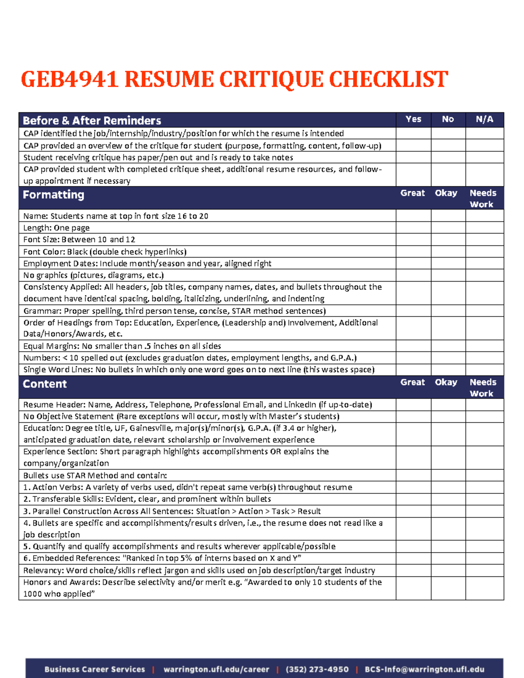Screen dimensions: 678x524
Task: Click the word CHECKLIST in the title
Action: (388, 80)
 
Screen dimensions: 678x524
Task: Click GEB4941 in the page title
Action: (69, 80)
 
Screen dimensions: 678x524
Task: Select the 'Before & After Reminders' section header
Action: (92, 120)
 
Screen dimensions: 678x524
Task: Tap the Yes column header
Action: (413, 119)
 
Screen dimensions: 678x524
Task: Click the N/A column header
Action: (484, 119)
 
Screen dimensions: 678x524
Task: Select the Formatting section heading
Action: (53, 195)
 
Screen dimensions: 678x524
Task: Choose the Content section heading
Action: (45, 384)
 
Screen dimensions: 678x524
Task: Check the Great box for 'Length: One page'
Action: (413, 227)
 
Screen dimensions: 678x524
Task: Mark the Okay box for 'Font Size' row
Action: (448, 239)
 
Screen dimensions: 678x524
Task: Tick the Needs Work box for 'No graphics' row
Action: (484, 275)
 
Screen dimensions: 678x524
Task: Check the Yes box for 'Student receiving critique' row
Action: (413, 157)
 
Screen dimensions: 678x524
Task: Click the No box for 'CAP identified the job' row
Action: (448, 134)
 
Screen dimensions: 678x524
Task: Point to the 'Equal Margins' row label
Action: (122, 346)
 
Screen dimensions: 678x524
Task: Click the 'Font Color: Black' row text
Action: (105, 251)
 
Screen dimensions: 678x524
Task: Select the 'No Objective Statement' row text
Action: (181, 416)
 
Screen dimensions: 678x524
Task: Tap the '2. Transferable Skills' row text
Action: (147, 499)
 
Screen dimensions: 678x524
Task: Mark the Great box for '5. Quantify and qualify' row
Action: (413, 546)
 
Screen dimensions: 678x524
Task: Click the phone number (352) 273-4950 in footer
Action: (317, 669)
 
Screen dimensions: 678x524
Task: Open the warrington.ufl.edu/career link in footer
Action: (216, 669)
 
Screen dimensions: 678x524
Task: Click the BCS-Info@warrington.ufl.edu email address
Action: (424, 669)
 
